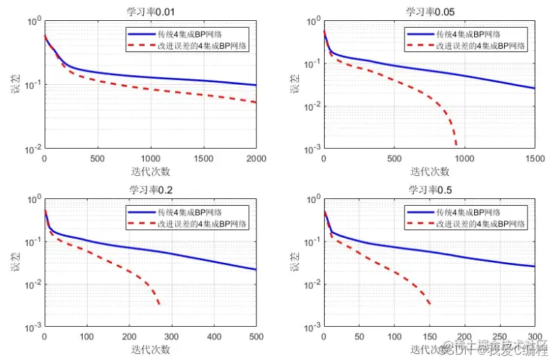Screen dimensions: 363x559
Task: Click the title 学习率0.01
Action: tap(150, 11)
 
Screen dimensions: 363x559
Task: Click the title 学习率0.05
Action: tap(430, 11)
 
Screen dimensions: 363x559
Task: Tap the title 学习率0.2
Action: tap(150, 189)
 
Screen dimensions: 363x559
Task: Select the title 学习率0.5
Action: tap(430, 189)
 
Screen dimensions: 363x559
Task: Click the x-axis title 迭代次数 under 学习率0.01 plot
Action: tap(150, 171)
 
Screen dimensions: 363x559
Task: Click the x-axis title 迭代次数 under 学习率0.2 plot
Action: tap(150, 349)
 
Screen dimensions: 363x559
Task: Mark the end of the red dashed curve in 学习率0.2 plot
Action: tap(160, 304)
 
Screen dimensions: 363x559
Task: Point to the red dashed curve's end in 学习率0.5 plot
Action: tap(430, 304)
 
